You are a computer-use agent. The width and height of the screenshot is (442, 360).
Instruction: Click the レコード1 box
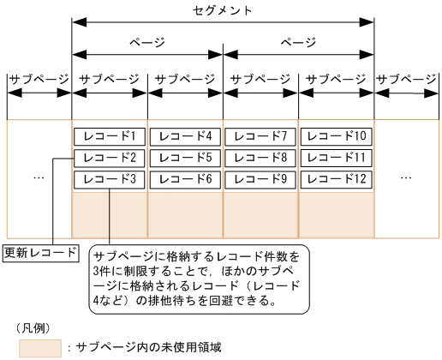coord(110,135)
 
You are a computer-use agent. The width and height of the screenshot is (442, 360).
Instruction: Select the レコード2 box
coord(110,158)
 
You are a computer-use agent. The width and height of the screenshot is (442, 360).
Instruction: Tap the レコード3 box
coord(110,179)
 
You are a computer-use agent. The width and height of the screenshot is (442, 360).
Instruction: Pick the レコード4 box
coord(185,135)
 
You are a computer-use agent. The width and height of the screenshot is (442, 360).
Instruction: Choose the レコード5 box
coord(185,158)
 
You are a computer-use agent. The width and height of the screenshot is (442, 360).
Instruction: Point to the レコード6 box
coord(185,179)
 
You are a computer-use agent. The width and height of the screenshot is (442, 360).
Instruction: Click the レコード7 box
coord(260,135)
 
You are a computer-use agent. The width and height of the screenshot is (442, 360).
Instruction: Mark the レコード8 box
coord(260,158)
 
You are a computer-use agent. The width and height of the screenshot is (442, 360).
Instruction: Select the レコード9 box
coord(260,179)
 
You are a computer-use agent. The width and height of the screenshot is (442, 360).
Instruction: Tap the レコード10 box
coord(337,135)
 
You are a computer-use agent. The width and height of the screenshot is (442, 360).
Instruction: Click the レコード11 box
coord(337,158)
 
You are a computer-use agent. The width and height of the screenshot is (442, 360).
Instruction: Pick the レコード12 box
coord(337,179)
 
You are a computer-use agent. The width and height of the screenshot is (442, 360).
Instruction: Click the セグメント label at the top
coord(223,10)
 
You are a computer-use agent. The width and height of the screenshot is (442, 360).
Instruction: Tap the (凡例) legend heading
coord(34,327)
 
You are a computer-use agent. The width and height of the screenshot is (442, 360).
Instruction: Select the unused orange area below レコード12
coord(337,214)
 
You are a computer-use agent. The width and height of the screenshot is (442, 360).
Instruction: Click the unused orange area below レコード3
coord(110,214)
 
